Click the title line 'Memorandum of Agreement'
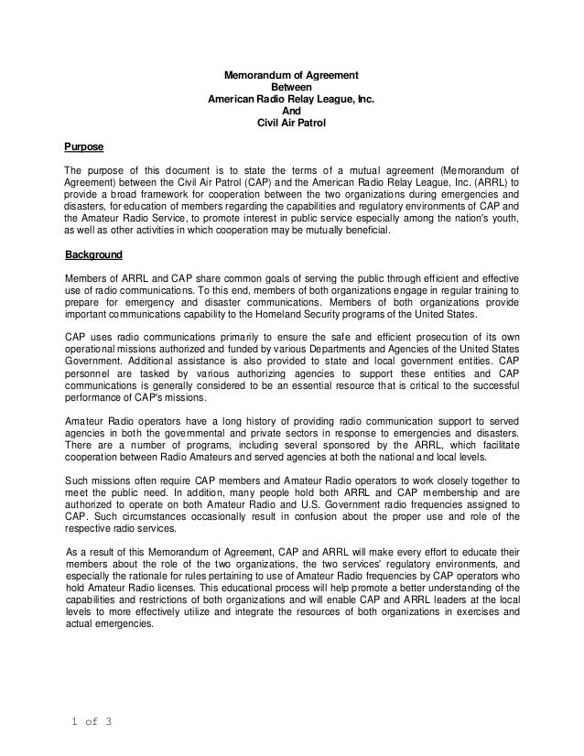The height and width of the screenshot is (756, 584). (291, 74)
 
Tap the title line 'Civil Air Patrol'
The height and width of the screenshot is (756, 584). (291, 122)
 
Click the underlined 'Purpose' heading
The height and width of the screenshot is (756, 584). (82, 146)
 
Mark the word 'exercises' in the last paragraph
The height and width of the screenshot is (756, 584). (475, 612)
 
